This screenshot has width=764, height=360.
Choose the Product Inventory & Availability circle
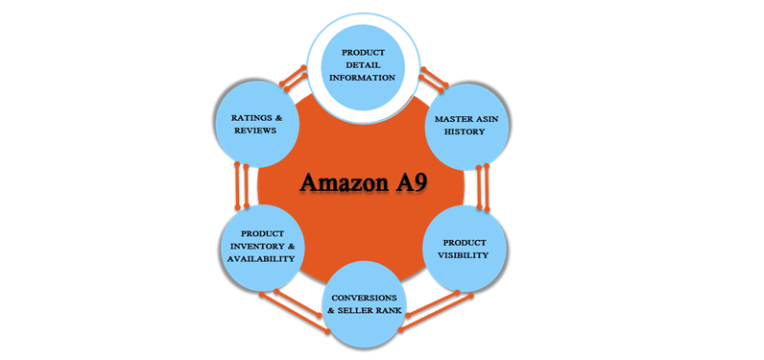(x=261, y=247)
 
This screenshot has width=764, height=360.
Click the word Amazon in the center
(x=342, y=182)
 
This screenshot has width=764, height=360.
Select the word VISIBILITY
(x=465, y=255)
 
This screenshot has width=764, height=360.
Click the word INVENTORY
(x=260, y=246)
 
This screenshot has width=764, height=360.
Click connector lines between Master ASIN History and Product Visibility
(x=484, y=186)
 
